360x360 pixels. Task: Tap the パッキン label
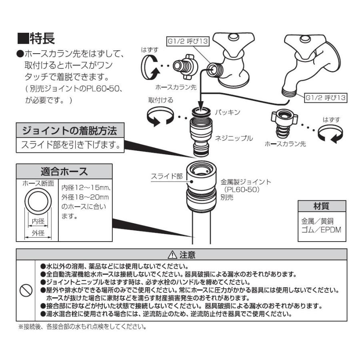(x=228, y=112)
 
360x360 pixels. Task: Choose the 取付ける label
(x=161, y=100)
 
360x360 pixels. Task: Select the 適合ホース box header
(x=64, y=172)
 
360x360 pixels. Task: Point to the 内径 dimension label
(x=38, y=220)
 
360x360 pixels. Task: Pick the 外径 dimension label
(x=38, y=234)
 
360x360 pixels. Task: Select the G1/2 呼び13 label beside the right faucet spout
(x=325, y=97)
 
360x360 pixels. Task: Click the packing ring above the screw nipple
(x=201, y=111)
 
